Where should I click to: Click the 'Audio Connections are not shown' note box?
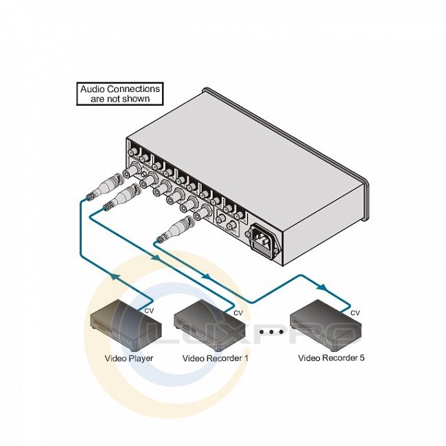(x=120, y=93)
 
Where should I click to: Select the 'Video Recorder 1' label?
(x=215, y=358)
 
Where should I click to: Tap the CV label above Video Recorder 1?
(x=238, y=314)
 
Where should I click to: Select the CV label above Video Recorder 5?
(x=355, y=314)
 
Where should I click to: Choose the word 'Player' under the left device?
(x=141, y=358)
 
